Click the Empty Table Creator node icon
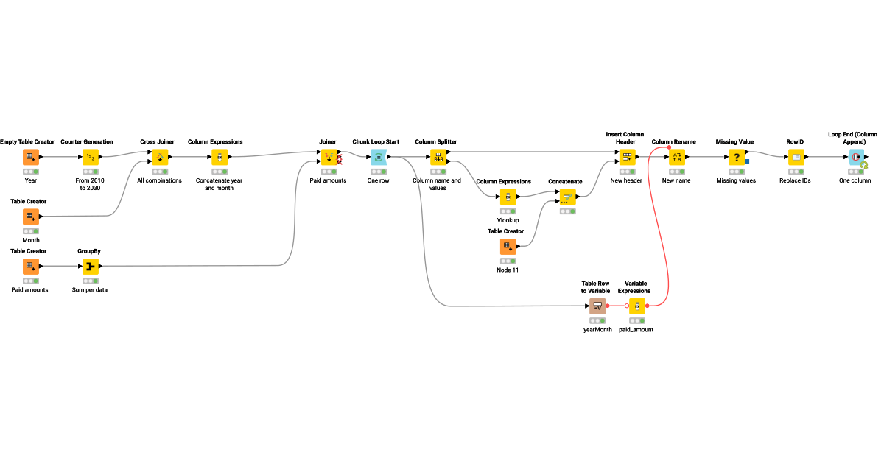[x=30, y=157]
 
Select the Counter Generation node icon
[x=90, y=157]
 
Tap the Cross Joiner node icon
[x=160, y=157]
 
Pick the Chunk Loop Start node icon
[x=378, y=157]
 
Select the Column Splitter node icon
[x=439, y=157]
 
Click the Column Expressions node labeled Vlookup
[x=508, y=197]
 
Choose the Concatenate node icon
[x=567, y=197]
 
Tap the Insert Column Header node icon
[x=627, y=157]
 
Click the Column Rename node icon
[x=676, y=157]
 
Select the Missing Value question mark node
[x=737, y=157]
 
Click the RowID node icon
[x=796, y=157]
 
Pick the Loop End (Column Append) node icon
[x=856, y=157]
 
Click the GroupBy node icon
[x=90, y=267]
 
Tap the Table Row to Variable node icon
[x=597, y=306]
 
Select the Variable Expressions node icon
[x=637, y=306]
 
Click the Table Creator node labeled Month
[x=30, y=217]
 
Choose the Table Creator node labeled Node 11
[x=508, y=247]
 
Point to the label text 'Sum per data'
[x=90, y=290]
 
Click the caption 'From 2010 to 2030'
[x=90, y=184]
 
